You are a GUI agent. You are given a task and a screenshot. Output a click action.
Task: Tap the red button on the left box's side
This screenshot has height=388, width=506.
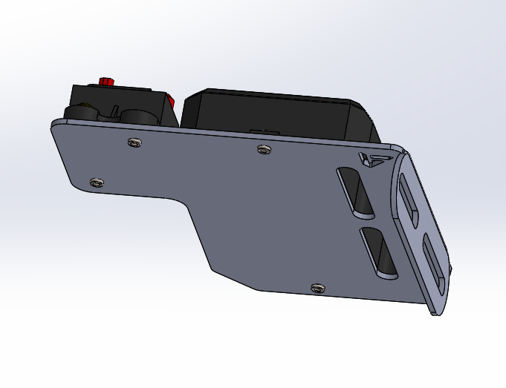pos(171,101)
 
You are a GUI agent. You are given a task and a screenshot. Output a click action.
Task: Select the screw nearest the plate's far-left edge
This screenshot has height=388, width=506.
pos(94,182)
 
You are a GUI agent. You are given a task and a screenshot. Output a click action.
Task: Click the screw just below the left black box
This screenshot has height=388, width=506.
pos(134,142)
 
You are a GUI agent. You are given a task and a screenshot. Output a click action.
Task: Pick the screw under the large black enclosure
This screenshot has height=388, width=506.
pos(263,149)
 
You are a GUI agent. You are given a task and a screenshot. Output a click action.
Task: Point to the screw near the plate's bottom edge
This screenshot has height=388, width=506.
pos(318,287)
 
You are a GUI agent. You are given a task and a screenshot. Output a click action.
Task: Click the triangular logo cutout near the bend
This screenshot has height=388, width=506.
pos(373,159)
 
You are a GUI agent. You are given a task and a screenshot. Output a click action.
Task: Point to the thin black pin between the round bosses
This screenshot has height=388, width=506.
pos(116,112)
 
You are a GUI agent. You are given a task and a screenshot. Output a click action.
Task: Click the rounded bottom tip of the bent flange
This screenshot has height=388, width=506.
pos(438,310)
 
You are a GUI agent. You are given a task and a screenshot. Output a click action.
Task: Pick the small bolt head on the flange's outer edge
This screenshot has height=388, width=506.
pos(450,269)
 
